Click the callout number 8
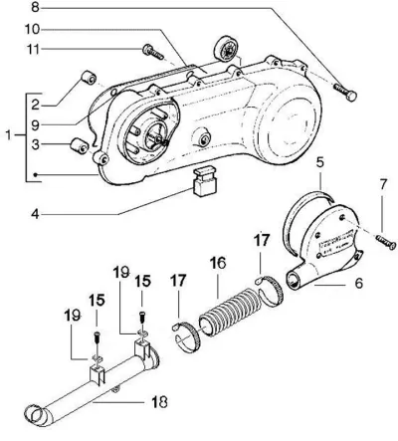pos(35,7)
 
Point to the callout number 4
pos(35,214)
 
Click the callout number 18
pos(159,402)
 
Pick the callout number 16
pos(218,263)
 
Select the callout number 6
pos(358,283)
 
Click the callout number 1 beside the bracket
pos(9,135)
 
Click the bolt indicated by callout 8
pos(345,92)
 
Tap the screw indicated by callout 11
pos(153,52)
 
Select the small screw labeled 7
pos(386,242)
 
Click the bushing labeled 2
pos(89,77)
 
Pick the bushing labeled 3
pos(80,145)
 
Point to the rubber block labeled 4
pos(205,182)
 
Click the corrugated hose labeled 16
pos(229,313)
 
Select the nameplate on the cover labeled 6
pos(335,242)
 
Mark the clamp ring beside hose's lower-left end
pos(186,336)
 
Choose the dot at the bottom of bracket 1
pos(36,174)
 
